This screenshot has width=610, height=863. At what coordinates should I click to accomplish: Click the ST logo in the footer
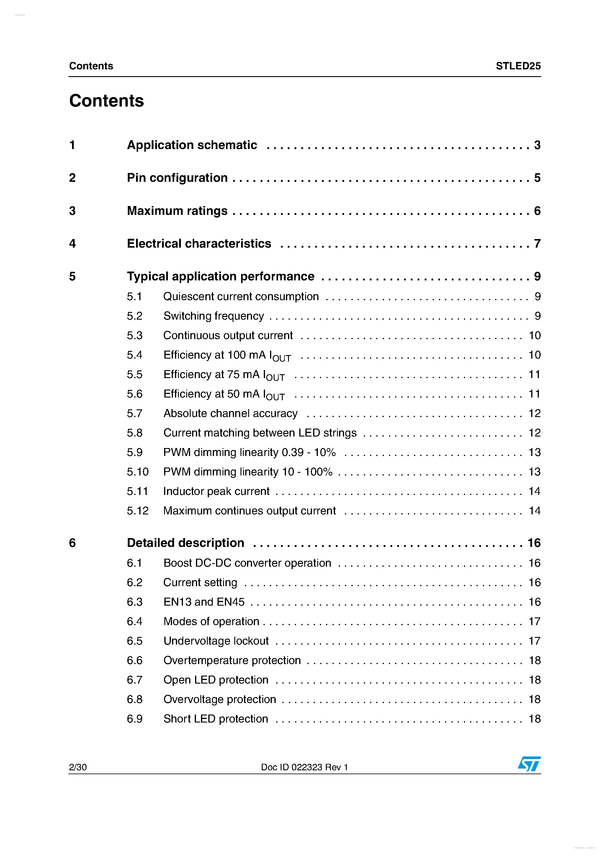tap(529, 764)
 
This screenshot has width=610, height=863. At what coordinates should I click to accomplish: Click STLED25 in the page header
tap(518, 66)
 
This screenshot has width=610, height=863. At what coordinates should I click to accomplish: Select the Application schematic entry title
tap(192, 145)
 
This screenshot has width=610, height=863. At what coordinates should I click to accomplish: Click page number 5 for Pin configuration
tap(537, 178)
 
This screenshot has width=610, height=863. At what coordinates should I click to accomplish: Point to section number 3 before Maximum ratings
tap(72, 211)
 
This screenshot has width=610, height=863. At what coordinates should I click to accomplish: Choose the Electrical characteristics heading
tap(199, 243)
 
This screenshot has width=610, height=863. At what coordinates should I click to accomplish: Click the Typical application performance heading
tap(221, 276)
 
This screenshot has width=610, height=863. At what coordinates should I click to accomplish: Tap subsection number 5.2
tap(135, 316)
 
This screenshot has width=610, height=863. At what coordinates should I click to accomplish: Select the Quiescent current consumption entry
tap(241, 297)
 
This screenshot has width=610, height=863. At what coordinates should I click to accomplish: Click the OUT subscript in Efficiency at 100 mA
tap(282, 359)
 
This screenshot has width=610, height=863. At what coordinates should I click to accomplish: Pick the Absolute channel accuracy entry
tap(230, 413)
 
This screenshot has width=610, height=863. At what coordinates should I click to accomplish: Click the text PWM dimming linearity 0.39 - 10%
tap(249, 452)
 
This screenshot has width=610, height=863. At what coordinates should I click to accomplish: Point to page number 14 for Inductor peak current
tap(534, 491)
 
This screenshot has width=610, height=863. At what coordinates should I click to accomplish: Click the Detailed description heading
tap(186, 543)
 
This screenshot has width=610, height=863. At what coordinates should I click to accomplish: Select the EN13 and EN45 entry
tap(204, 602)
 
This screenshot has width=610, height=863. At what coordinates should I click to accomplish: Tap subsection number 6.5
tap(135, 641)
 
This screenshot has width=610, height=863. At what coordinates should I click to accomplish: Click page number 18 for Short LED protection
tap(534, 719)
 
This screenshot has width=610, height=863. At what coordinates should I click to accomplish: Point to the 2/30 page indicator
tap(78, 767)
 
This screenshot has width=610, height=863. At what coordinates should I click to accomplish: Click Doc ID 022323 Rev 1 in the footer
tap(305, 767)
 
